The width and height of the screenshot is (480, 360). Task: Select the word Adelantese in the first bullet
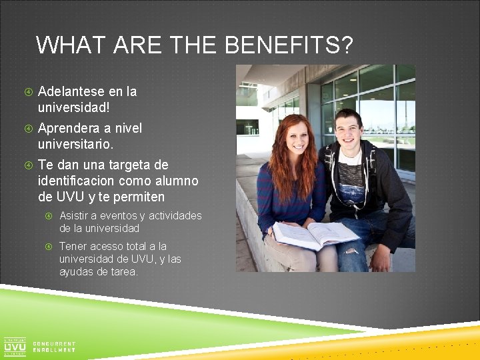click(x=71, y=91)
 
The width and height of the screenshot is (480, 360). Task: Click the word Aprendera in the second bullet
click(x=69, y=128)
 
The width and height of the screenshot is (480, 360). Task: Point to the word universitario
click(x=75, y=143)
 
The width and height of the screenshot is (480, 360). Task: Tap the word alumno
click(x=175, y=181)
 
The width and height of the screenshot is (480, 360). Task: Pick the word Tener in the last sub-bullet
click(x=73, y=246)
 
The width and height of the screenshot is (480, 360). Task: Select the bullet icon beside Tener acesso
click(x=49, y=247)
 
